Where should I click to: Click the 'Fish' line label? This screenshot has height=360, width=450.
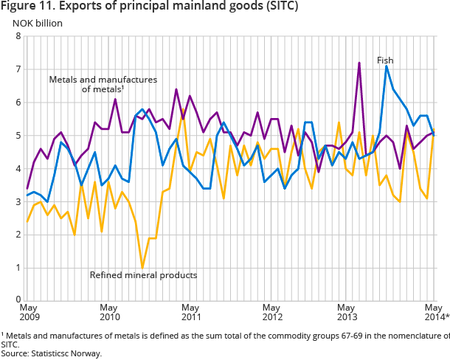point(385,60)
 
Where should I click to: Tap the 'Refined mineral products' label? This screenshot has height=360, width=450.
point(143,275)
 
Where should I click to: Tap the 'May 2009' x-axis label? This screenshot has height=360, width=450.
point(28,312)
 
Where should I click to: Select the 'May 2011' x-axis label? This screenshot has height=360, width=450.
point(190,312)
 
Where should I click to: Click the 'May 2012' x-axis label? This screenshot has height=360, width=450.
point(272,312)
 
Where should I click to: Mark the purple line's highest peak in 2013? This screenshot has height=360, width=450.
point(359,63)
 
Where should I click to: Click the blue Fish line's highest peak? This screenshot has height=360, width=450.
point(387,66)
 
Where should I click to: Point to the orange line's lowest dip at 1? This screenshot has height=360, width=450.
point(142,267)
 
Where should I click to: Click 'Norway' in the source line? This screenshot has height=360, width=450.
point(86,353)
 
